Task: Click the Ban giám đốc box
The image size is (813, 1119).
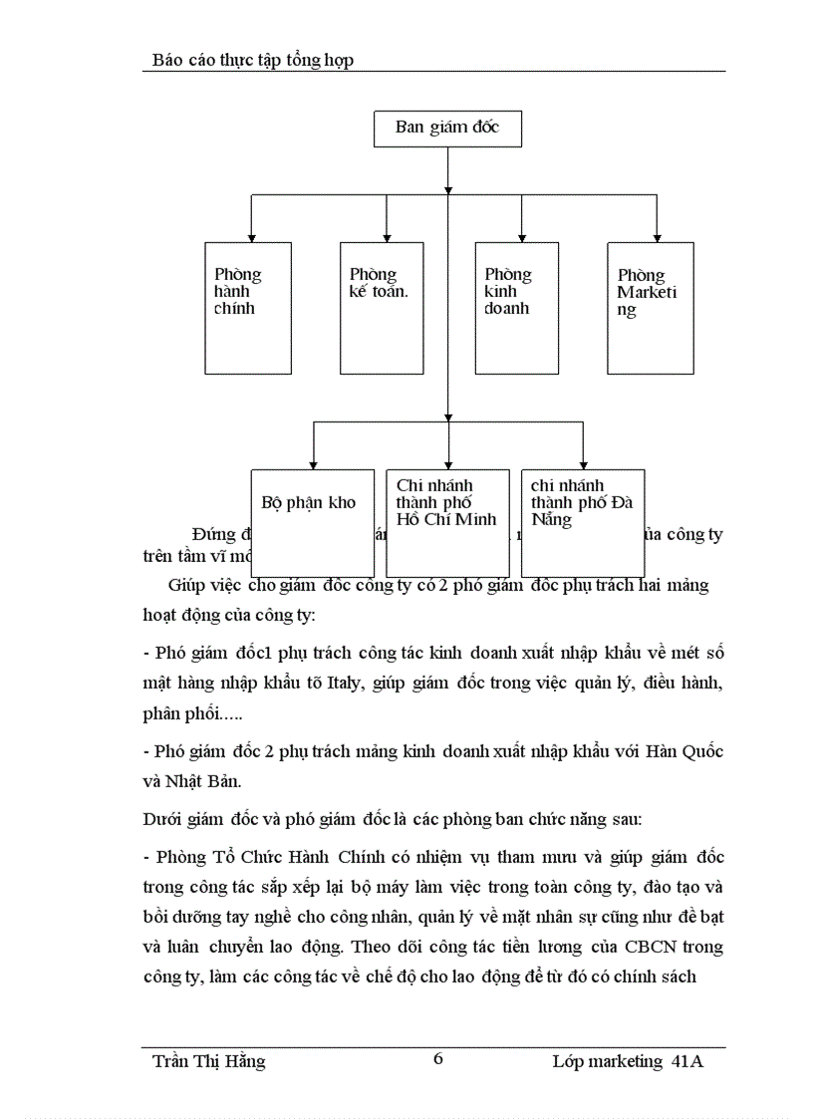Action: [x=447, y=128]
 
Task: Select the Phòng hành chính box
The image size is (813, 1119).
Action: [x=247, y=308]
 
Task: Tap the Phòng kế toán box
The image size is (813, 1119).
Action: [x=382, y=308]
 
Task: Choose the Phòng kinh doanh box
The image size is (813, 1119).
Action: [x=516, y=308]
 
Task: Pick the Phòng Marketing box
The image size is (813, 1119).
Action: [x=651, y=308]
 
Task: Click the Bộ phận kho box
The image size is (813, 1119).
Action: [x=312, y=522]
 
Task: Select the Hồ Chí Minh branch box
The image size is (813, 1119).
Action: [x=447, y=522]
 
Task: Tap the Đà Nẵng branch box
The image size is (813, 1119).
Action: [x=583, y=522]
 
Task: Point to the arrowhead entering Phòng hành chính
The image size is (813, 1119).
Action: [x=251, y=237]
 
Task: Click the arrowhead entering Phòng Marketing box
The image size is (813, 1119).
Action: [x=656, y=237]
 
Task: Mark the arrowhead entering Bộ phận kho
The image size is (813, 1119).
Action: [x=314, y=464]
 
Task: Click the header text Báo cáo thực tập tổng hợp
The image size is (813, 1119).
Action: [x=253, y=61]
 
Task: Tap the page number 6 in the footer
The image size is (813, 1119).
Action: [x=438, y=1059]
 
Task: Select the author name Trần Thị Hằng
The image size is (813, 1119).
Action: [x=209, y=1061]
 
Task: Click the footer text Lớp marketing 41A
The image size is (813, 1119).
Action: [x=628, y=1061]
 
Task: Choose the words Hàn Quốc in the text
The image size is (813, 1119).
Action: [x=686, y=750]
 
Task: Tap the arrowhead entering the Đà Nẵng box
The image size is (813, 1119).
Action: [x=583, y=464]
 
